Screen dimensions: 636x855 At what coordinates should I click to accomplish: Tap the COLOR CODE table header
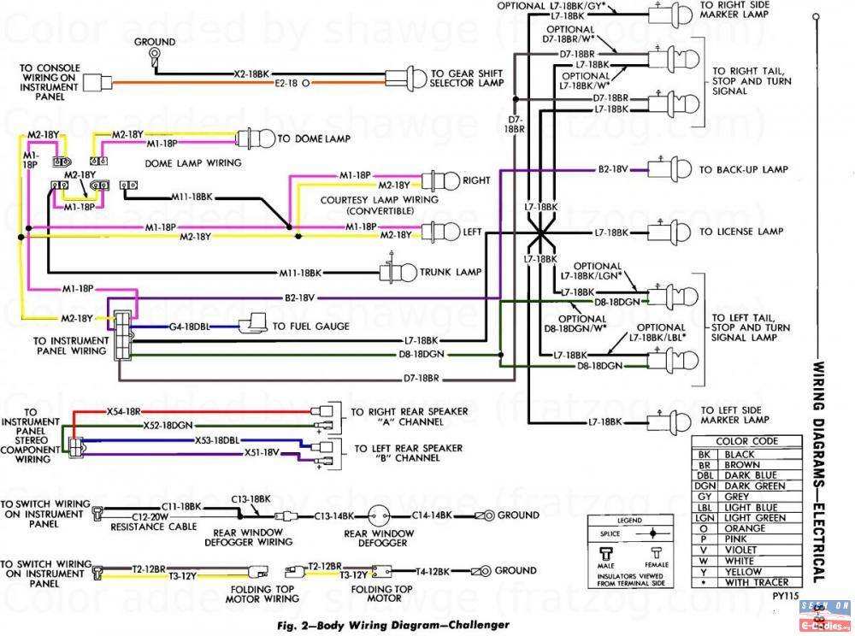pyautogui.click(x=748, y=441)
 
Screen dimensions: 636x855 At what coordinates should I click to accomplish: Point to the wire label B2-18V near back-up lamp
pyautogui.click(x=614, y=170)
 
